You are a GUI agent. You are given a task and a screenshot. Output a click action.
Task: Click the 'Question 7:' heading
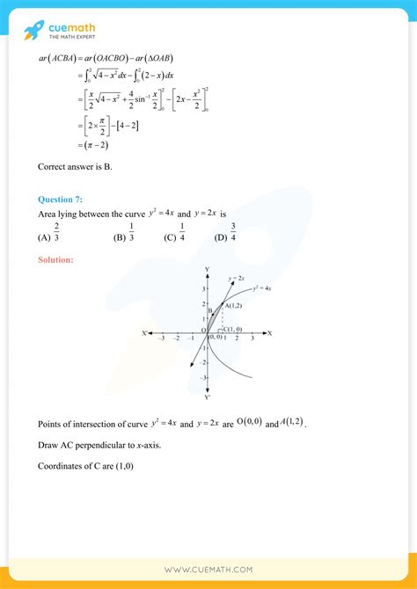coord(60,200)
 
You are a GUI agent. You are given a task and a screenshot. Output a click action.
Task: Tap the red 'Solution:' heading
coord(55,259)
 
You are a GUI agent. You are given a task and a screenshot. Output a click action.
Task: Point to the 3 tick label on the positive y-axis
coord(202,288)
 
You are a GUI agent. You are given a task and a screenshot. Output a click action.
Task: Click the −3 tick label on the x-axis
coord(161,338)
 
